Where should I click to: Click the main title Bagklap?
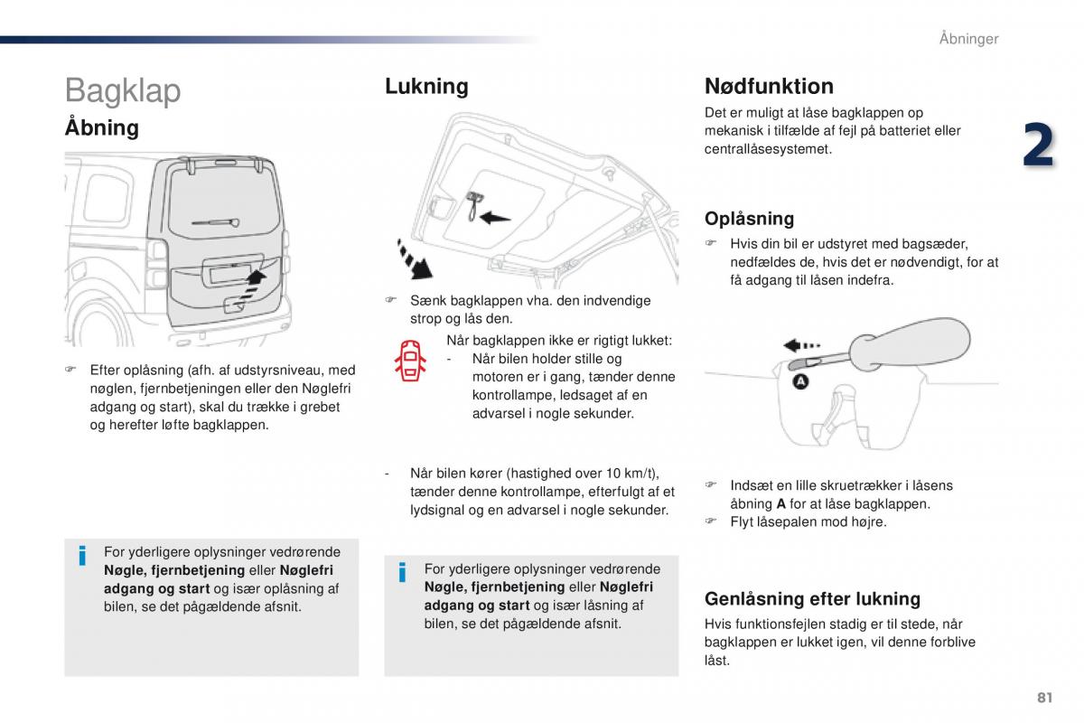[x=123, y=90]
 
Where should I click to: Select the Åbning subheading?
[x=102, y=127]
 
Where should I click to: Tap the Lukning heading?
[x=426, y=86]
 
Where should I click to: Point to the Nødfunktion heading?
[x=769, y=86]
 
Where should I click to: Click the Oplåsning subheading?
[x=749, y=218]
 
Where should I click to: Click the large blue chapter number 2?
[x=1039, y=148]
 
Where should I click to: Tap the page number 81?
[x=1045, y=698]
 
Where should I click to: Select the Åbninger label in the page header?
[x=968, y=39]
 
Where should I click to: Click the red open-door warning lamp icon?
[x=411, y=360]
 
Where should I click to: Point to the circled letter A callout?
[x=799, y=382]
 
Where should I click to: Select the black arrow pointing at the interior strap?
[x=494, y=217]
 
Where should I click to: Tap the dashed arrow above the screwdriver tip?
[x=801, y=344]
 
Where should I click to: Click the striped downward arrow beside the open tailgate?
[x=414, y=259]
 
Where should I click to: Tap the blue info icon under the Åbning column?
[x=82, y=555]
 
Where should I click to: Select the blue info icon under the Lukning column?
[x=402, y=572]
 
